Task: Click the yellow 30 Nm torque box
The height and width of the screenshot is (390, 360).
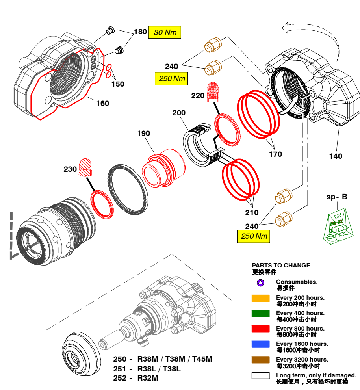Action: click(x=165, y=32)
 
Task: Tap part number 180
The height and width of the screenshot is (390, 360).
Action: click(x=140, y=32)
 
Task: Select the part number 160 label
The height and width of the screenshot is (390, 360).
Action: click(x=102, y=104)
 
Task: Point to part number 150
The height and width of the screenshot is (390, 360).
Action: click(x=117, y=84)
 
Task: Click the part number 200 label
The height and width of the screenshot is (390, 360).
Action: click(x=179, y=113)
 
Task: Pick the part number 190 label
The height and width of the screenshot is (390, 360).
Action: click(x=143, y=134)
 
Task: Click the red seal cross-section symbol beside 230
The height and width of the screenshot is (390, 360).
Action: click(x=85, y=167)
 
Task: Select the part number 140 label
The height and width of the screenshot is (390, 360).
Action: click(x=336, y=156)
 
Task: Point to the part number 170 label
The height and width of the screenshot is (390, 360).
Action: click(x=275, y=154)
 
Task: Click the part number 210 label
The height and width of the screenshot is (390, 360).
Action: click(x=252, y=213)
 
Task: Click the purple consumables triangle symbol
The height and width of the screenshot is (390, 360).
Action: click(x=260, y=283)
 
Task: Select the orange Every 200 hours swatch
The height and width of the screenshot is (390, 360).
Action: click(x=260, y=298)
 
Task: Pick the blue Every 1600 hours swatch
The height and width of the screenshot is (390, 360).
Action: click(x=260, y=344)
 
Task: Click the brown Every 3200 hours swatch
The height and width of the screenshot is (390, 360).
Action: click(x=260, y=360)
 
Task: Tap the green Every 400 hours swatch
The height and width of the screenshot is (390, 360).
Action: click(x=260, y=314)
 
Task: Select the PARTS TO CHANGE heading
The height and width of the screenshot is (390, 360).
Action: click(x=281, y=266)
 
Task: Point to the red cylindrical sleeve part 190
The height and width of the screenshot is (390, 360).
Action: click(x=165, y=166)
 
